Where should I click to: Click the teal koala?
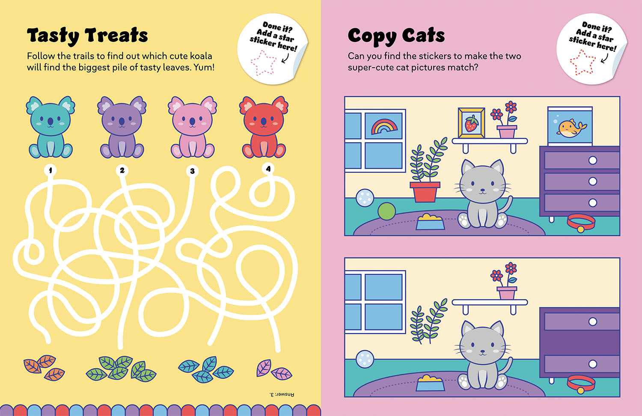pyautogui.click(x=51, y=127)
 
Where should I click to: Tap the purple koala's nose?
pyautogui.click(x=122, y=121)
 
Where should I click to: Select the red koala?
pyautogui.click(x=264, y=127)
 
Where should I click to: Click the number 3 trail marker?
pyautogui.click(x=192, y=171)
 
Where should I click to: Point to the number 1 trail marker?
pyautogui.click(x=51, y=170)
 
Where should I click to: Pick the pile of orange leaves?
pyautogui.click(x=44, y=368)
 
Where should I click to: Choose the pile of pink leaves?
pyautogui.click(x=274, y=370)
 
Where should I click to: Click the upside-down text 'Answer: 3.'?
pyautogui.click(x=282, y=395)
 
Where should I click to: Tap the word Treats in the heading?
pyautogui.click(x=117, y=35)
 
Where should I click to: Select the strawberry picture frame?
pyautogui.click(x=472, y=123)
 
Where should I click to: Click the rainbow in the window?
pyautogui.click(x=384, y=127)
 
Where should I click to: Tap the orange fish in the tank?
pyautogui.click(x=571, y=128)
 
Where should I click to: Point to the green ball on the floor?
pyautogui.click(x=386, y=211)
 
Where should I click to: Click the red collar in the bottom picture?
pyautogui.click(x=581, y=383)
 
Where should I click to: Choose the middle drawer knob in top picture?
pyautogui.click(x=593, y=181)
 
